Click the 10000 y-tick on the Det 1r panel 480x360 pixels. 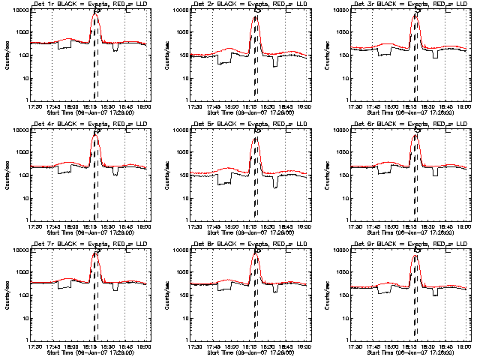(19, 10)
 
